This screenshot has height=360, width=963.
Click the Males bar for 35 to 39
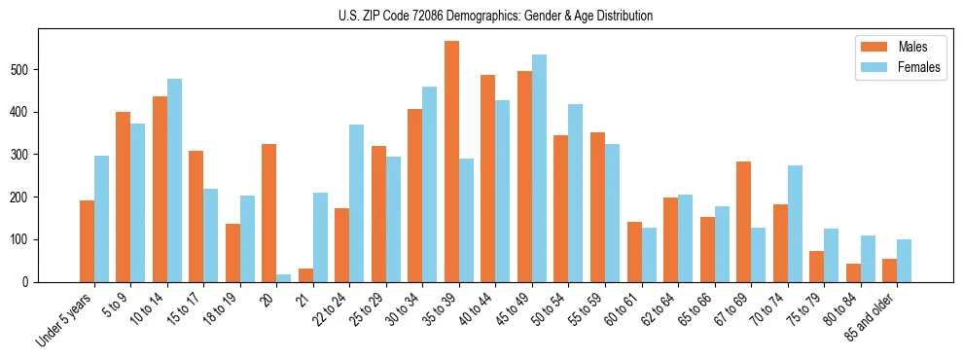[x=451, y=162]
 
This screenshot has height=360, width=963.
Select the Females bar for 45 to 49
[x=539, y=168]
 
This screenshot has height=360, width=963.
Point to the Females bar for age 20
[x=284, y=278]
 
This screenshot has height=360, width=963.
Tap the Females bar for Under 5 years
[x=101, y=219]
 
